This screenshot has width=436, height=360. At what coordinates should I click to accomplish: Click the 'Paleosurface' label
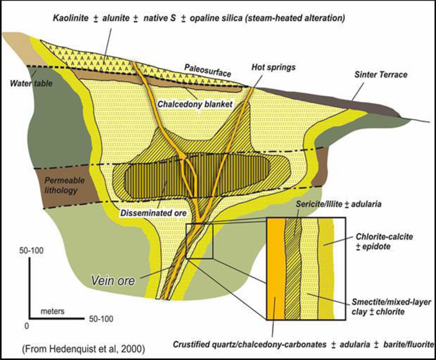[x=208, y=71]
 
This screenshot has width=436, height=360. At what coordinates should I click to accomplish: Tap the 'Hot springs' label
[x=274, y=68]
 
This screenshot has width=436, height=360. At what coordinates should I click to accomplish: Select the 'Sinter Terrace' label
[x=381, y=74]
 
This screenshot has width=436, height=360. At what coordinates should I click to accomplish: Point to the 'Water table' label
[x=31, y=83]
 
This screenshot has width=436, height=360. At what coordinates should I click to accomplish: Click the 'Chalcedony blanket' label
[x=195, y=104]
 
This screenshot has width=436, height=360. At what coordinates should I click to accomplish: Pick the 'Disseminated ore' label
[x=153, y=213]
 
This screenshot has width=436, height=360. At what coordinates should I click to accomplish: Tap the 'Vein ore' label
[x=113, y=280]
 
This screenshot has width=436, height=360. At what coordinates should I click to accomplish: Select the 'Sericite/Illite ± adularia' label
[x=339, y=204]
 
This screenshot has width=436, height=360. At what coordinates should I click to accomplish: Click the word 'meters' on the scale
[x=53, y=311]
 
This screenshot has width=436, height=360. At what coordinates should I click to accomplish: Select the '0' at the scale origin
[x=27, y=325]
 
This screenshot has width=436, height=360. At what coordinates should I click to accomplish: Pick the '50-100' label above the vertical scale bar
[x=32, y=250]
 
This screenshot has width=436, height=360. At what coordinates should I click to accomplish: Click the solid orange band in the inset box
[x=276, y=269]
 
